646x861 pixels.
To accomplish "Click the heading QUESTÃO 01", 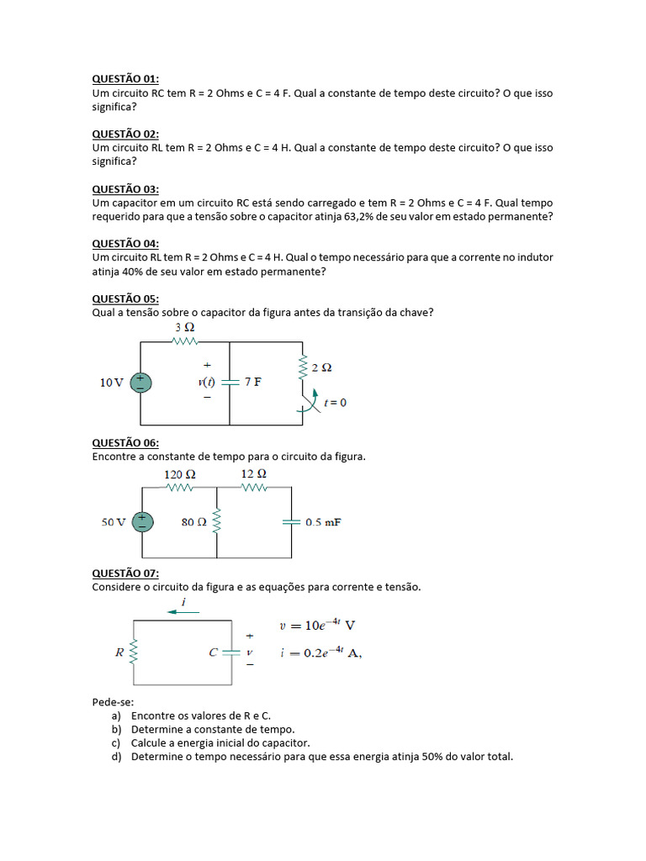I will click(124, 79).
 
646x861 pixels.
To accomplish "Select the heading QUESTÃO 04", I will click(124, 244).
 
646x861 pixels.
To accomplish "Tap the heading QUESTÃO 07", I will click(124, 573).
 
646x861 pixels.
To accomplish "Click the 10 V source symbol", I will click(141, 383).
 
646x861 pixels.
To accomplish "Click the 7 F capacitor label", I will click(252, 382).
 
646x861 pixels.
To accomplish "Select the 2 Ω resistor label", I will click(321, 367).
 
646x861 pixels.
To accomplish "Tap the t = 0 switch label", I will click(335, 403).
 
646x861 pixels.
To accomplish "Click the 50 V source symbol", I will click(142, 522).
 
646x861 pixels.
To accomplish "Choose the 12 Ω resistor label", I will click(253, 474).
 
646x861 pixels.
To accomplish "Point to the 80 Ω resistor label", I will click(193, 522).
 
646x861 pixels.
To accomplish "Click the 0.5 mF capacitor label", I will click(323, 522).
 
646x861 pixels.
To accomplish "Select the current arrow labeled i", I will click(183, 611).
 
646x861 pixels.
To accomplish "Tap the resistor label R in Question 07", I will click(119, 651).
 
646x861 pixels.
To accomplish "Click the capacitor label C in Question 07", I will click(214, 651).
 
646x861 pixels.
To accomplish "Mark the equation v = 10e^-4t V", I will click(316, 626).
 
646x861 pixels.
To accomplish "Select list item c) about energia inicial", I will click(220, 743).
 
